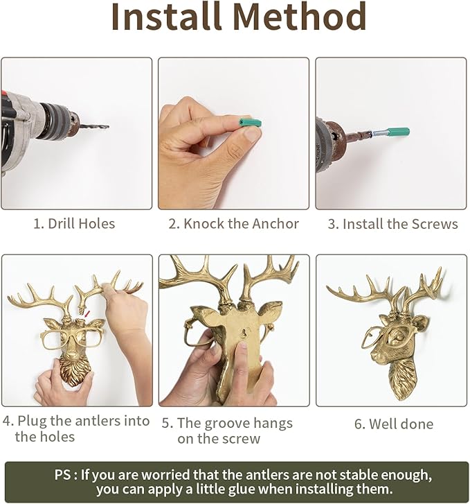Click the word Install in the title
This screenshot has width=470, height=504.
167,17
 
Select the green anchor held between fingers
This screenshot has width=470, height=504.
250,123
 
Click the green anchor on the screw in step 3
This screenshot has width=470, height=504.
398,132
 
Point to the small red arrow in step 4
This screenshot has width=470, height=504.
87,313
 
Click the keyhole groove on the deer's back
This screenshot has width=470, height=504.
245,333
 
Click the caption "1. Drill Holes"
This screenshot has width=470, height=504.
74,224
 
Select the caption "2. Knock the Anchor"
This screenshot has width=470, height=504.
234,224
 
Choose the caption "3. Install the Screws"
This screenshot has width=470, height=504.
392,224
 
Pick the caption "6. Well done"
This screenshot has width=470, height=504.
394,424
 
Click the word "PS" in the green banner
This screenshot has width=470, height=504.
62,475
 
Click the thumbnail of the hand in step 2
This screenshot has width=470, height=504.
251,134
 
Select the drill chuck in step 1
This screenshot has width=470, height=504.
61,121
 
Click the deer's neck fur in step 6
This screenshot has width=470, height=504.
402,379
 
